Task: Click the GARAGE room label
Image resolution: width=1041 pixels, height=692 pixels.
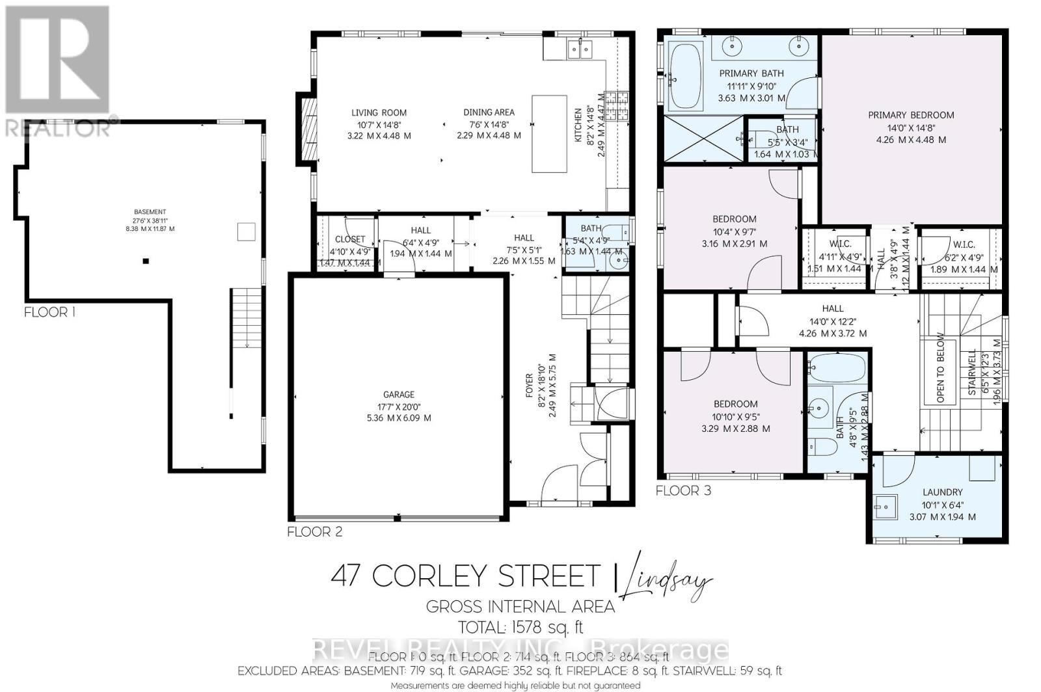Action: pyautogui.click(x=398, y=395)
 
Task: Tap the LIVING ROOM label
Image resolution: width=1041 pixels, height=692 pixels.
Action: pyautogui.click(x=379, y=113)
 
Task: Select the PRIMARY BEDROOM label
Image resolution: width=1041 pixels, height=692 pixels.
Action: pyautogui.click(x=911, y=115)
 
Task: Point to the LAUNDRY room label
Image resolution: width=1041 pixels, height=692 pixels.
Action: pyautogui.click(x=942, y=492)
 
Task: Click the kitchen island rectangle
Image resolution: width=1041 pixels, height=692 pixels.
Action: pyautogui.click(x=549, y=133)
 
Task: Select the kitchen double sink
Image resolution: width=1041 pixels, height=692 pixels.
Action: pyautogui.click(x=578, y=48)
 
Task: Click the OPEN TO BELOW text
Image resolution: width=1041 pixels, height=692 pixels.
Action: pyautogui.click(x=940, y=368)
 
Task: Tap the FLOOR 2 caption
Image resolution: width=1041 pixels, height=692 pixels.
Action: pyautogui.click(x=314, y=532)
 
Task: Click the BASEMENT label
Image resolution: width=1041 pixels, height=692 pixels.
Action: pyautogui.click(x=150, y=212)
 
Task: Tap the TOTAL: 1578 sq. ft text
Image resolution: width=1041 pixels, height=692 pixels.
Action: pyautogui.click(x=520, y=628)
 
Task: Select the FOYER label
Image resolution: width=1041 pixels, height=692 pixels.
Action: pyautogui.click(x=529, y=386)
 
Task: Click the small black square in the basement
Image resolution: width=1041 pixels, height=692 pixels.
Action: pyautogui.click(x=146, y=261)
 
